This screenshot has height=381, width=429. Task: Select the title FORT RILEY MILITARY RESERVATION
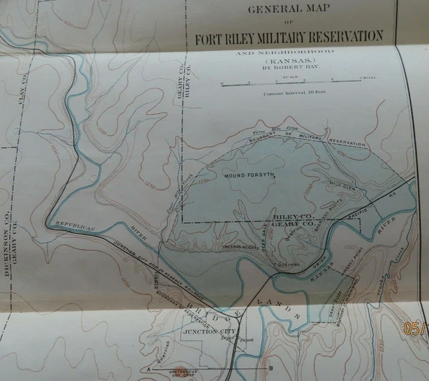tap(288, 36)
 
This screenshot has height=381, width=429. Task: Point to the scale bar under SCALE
tap(292, 83)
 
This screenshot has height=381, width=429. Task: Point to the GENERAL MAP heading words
tap(289, 10)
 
